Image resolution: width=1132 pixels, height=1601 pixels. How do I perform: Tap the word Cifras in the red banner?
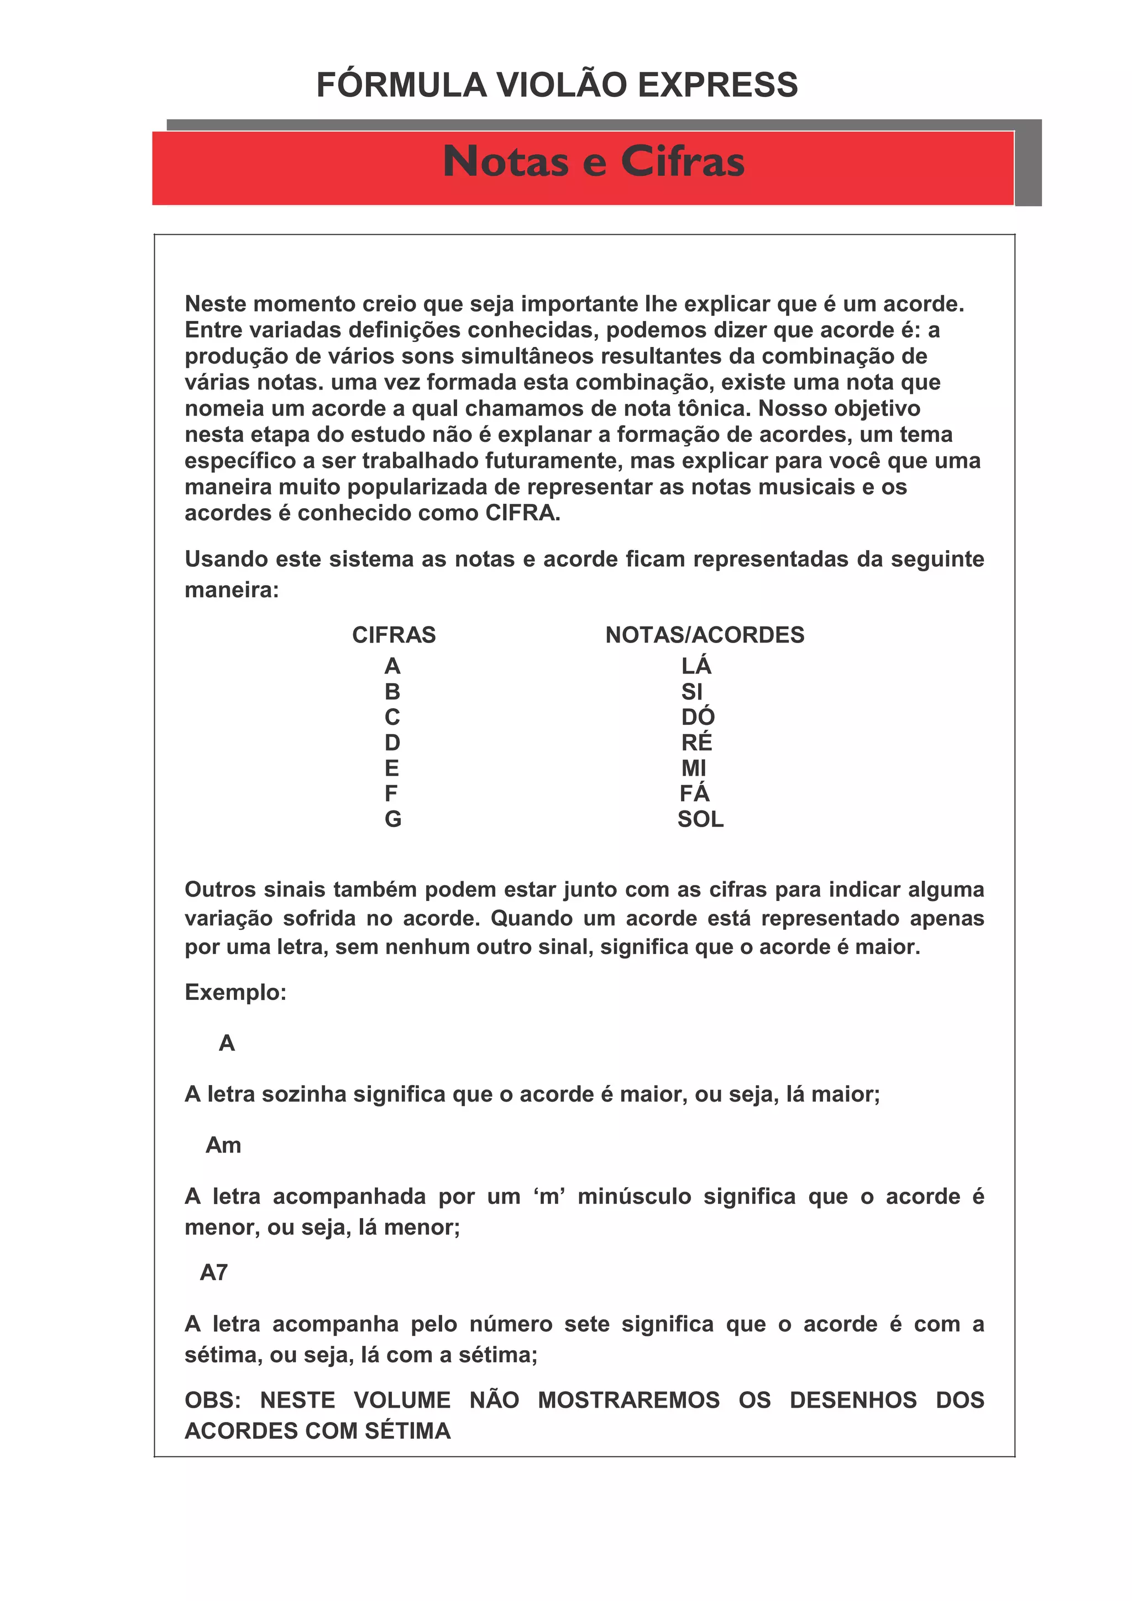point(682,162)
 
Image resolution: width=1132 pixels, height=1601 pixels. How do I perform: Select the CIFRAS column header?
point(394,635)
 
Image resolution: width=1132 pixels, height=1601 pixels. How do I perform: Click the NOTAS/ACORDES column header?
point(704,635)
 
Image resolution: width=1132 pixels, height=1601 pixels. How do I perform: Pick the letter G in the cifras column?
point(392,819)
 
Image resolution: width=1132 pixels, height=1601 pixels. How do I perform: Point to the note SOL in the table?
point(700,819)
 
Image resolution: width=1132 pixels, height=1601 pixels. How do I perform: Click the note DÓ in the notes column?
point(698,717)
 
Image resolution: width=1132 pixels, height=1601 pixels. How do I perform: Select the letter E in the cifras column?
point(391,768)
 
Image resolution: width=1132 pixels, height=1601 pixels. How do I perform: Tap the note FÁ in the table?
point(694,793)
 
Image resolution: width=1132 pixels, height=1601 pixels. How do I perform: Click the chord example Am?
point(223,1145)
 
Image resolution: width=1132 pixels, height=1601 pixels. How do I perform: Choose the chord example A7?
point(213,1273)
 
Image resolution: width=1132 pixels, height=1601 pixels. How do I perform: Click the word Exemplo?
point(235,992)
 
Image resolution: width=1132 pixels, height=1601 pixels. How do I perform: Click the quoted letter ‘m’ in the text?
point(549,1197)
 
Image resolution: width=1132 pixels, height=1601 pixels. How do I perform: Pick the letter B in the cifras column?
point(392,692)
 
